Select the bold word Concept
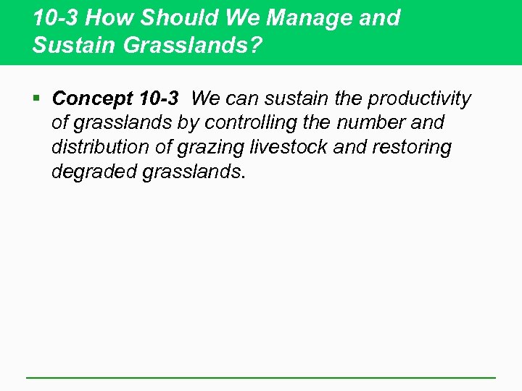(x=91, y=98)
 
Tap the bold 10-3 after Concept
(x=157, y=98)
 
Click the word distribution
(x=94, y=148)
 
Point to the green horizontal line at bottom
(x=260, y=377)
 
